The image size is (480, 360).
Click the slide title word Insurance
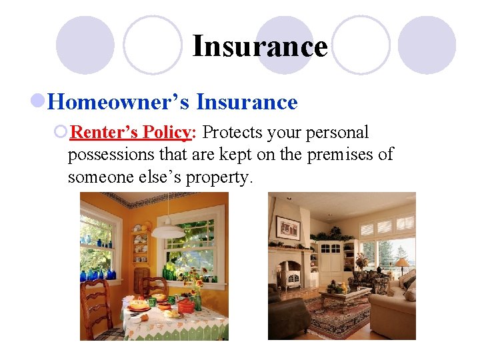(259, 47)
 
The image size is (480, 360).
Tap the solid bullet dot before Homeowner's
(39, 102)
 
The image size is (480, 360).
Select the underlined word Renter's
(103, 133)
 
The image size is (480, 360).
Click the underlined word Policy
(165, 133)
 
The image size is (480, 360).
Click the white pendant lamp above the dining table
(168, 230)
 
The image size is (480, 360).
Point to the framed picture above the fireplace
(287, 227)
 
